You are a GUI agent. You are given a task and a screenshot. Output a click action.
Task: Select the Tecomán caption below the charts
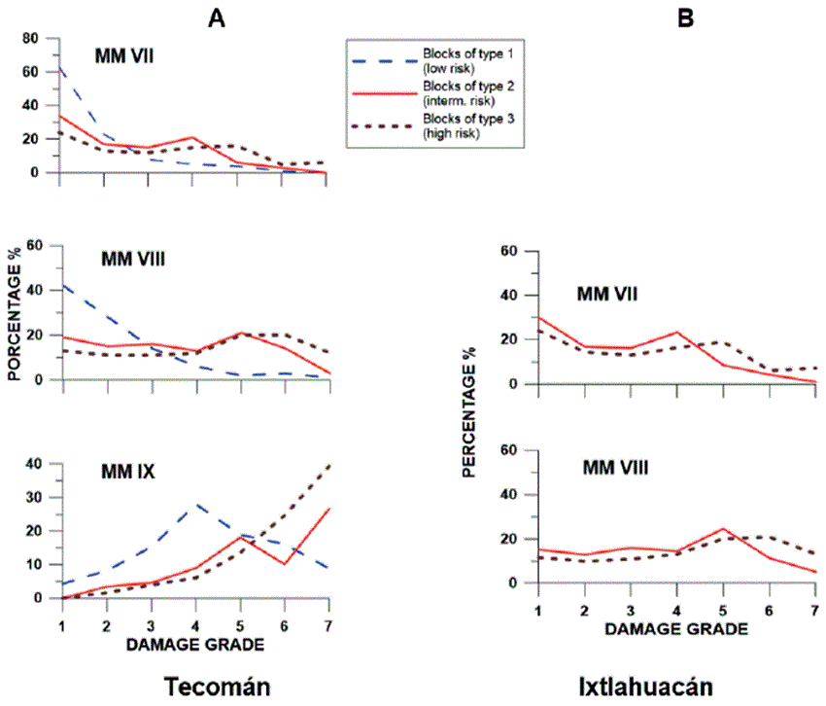click(215, 685)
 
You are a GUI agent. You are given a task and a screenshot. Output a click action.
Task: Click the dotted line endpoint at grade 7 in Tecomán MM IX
click(328, 465)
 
